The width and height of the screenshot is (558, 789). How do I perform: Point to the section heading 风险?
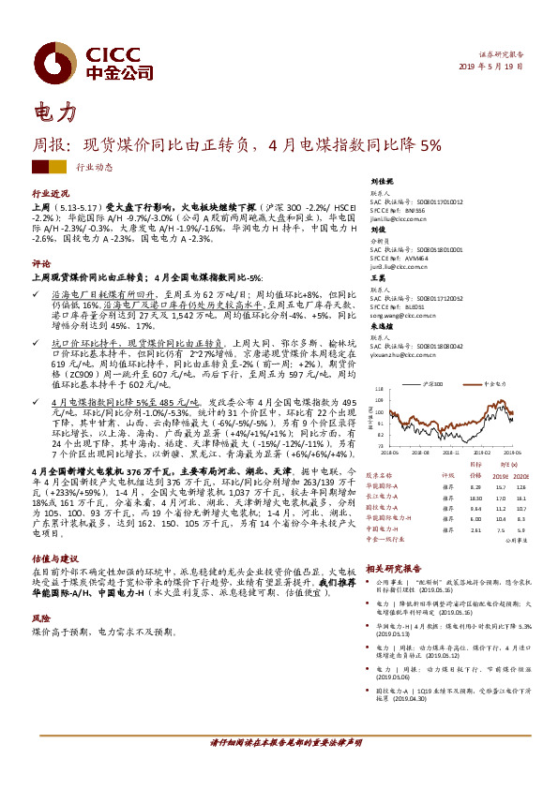(x=40, y=618)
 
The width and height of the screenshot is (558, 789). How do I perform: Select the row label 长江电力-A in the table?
(x=382, y=497)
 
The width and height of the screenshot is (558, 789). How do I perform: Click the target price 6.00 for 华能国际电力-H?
(x=475, y=518)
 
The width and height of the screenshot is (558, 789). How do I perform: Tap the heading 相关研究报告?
(x=394, y=568)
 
